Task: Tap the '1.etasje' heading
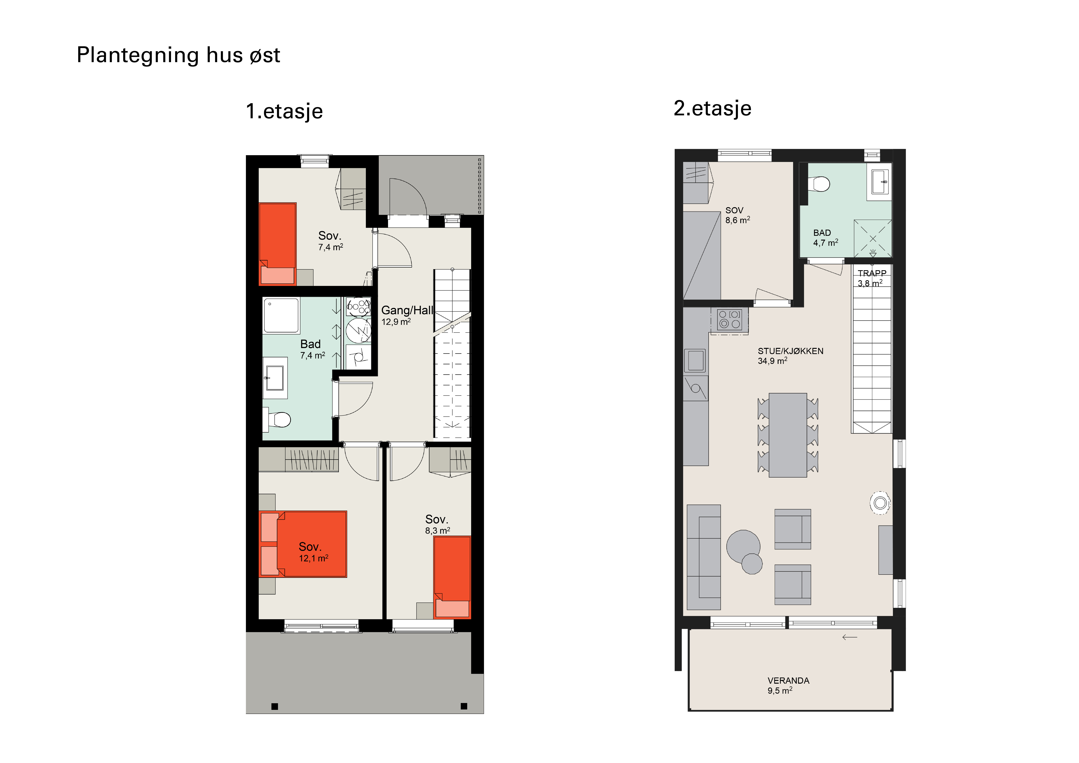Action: tap(284, 111)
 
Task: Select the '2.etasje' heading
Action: tap(713, 108)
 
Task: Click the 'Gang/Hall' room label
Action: tap(407, 310)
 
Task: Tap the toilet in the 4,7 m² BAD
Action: tap(819, 184)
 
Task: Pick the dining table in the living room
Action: tap(788, 435)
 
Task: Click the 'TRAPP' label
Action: tap(872, 273)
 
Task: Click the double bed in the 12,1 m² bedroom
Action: tap(303, 544)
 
